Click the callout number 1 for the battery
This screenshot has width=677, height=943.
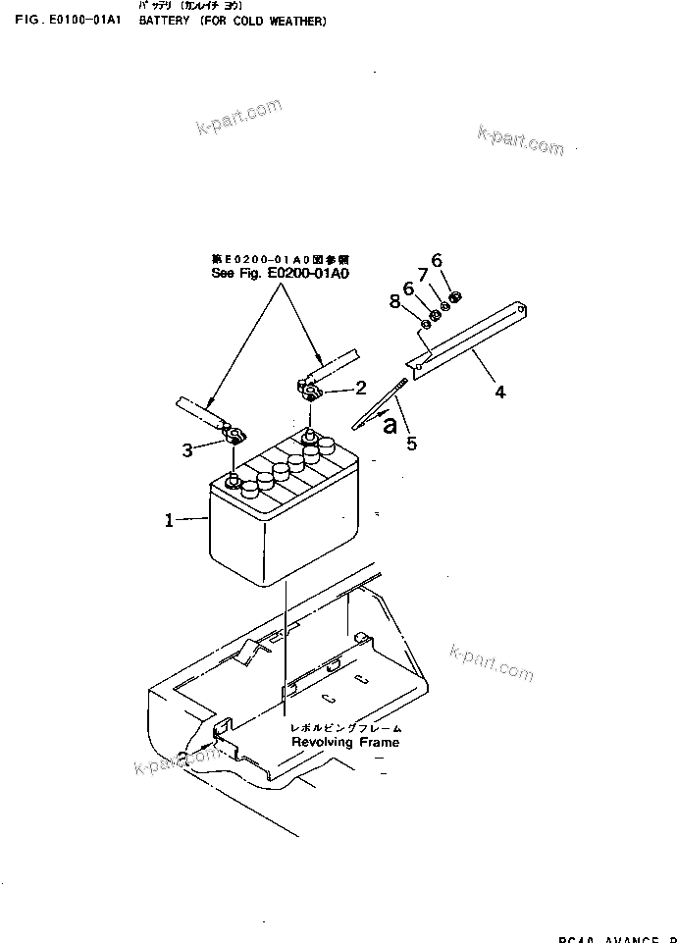coord(169,521)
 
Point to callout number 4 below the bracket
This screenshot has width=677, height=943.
coord(500,393)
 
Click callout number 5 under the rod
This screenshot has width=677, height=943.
coord(411,444)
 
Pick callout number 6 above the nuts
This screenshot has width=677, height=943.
coord(437,260)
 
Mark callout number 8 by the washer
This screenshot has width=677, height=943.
coord(395,301)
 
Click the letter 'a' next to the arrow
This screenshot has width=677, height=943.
coord(391,425)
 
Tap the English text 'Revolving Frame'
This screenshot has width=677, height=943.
coord(345,742)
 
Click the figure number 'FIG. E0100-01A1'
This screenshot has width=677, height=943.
coord(67,21)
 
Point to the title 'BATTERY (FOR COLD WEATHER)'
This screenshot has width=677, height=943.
coord(233,21)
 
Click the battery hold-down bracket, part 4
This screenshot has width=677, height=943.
coord(471,339)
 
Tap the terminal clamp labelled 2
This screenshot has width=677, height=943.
coord(310,393)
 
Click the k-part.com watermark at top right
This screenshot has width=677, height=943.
coord(521,141)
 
